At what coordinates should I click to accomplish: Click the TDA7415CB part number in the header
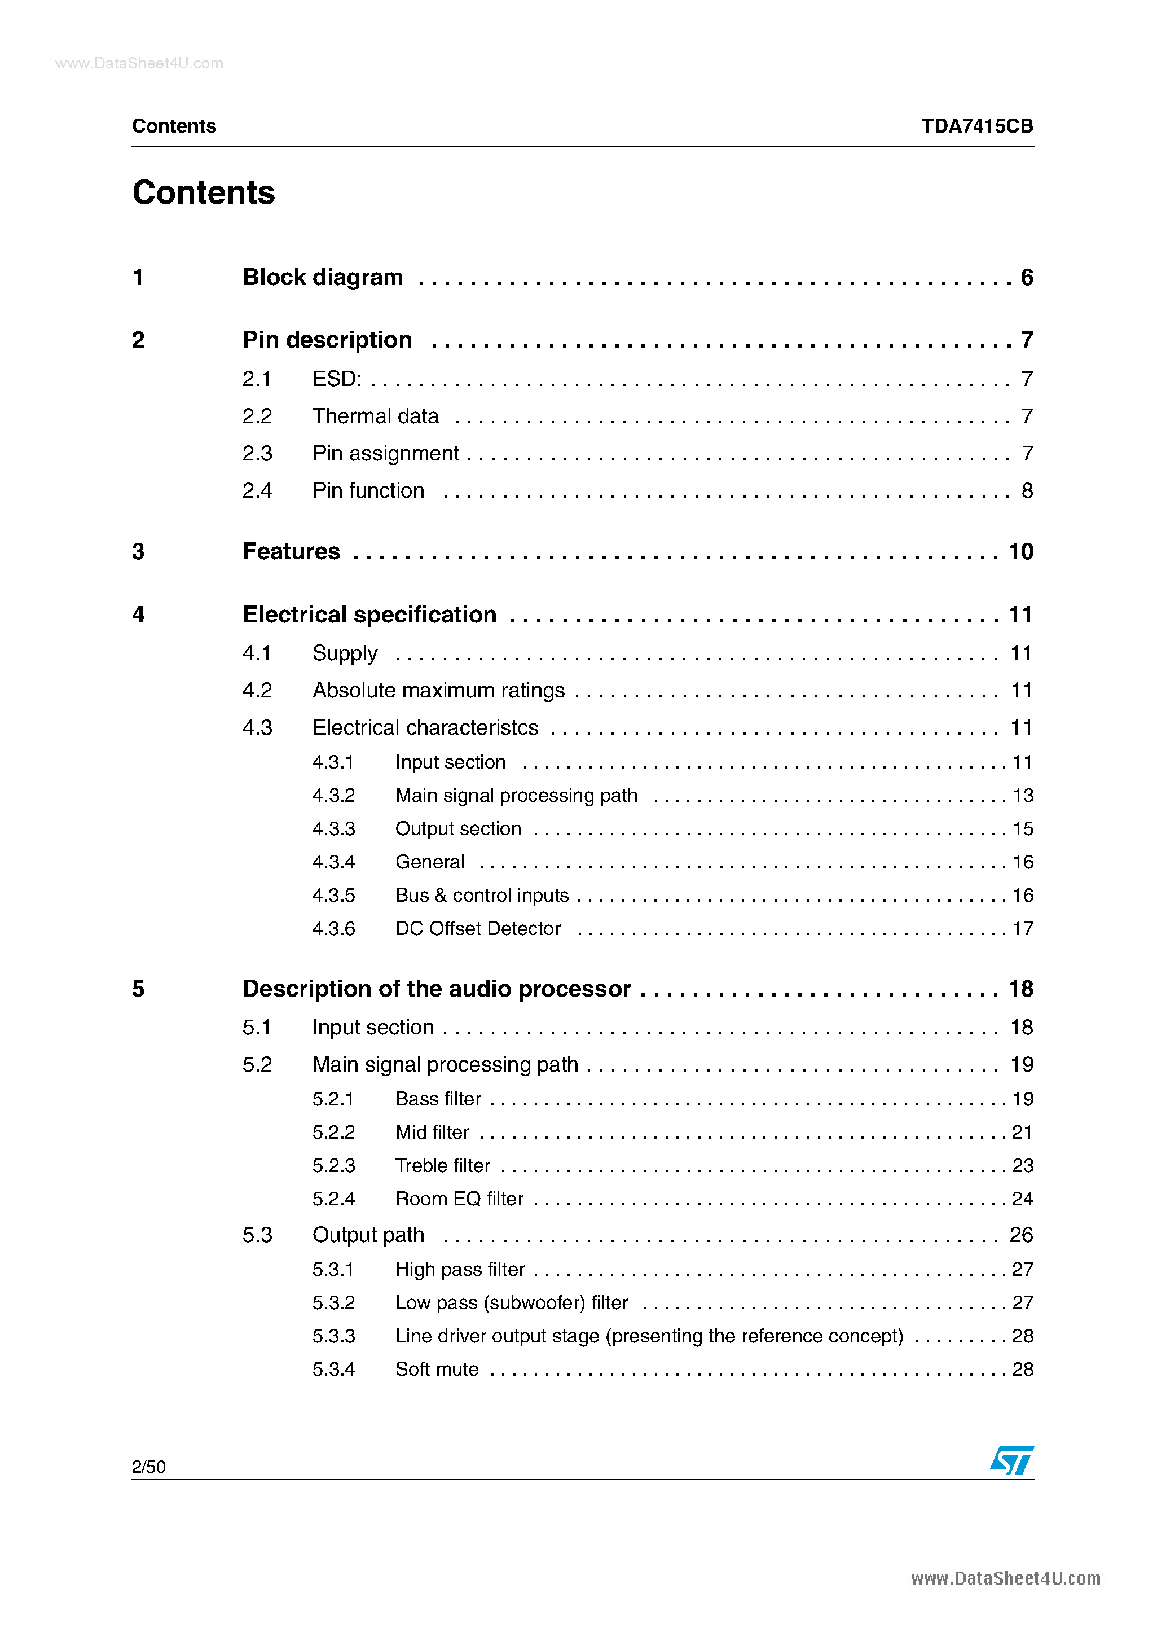click(976, 126)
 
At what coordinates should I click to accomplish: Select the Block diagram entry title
click(323, 278)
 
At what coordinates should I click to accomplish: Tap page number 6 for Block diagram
click(1027, 278)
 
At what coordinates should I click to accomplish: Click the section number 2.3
click(257, 454)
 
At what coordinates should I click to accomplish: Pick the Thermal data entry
click(375, 416)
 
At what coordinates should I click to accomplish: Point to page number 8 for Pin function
click(1027, 491)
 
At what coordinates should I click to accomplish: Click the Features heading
click(291, 551)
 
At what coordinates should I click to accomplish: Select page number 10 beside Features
click(1020, 551)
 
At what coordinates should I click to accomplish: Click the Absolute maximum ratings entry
click(438, 691)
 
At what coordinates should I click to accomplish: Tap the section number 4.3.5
click(333, 896)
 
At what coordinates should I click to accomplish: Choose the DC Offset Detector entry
click(478, 928)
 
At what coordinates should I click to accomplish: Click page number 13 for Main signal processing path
click(1022, 796)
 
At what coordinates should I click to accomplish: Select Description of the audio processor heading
click(436, 989)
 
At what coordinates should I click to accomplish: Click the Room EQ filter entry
click(459, 1199)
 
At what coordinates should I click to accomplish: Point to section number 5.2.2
click(333, 1133)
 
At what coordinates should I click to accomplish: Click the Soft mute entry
click(437, 1369)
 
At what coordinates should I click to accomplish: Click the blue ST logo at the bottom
click(1011, 1460)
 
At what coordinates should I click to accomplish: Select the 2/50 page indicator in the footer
click(149, 1467)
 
